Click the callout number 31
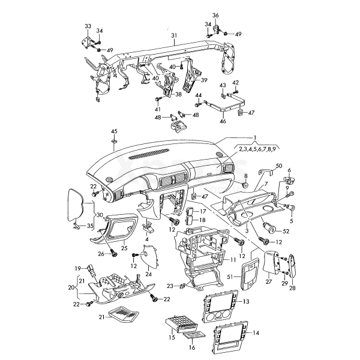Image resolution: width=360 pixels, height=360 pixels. pyautogui.click(x=174, y=36)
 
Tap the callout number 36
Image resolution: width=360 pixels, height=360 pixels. pyautogui.click(x=216, y=14)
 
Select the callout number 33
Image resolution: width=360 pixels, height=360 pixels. pyautogui.click(x=88, y=26)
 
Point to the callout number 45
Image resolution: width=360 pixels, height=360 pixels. pyautogui.click(x=114, y=131)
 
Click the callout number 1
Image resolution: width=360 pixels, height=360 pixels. pyautogui.click(x=254, y=137)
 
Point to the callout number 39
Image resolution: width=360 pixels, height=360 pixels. pyautogui.click(x=204, y=80)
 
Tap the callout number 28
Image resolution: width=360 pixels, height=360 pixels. pyautogui.click(x=293, y=288)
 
